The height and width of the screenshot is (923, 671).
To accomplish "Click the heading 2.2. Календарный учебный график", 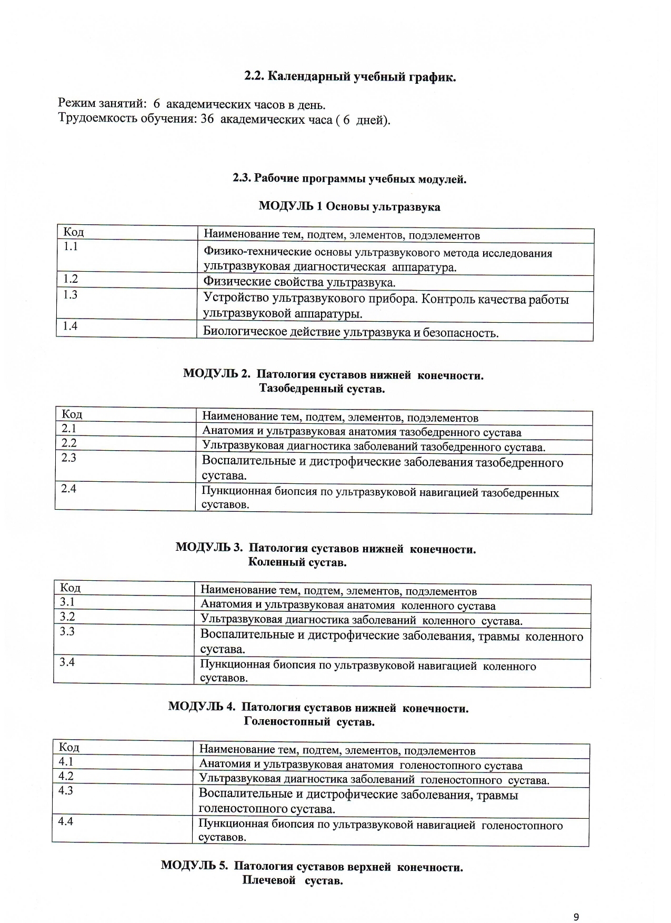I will tap(350, 77).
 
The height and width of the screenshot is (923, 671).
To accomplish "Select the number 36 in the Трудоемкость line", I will tap(207, 119).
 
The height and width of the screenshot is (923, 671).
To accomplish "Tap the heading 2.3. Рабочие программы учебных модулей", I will tap(350, 178).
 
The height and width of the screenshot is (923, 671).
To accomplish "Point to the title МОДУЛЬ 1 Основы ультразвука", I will tap(349, 206).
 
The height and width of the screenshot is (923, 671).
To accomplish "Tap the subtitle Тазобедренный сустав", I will tap(322, 389).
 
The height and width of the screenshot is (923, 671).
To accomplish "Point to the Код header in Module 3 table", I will tap(70, 588).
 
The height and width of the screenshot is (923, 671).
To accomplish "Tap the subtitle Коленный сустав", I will tap(297, 562).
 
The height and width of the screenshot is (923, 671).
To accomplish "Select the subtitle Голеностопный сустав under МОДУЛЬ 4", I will tap(309, 722).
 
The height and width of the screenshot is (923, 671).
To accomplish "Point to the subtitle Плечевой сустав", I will tap(293, 881).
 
